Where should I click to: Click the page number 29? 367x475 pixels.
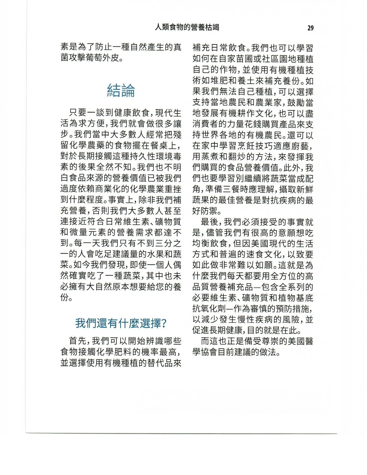(x=310, y=28)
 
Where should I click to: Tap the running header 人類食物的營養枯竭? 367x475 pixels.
(x=187, y=27)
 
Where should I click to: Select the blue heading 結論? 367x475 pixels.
(x=121, y=91)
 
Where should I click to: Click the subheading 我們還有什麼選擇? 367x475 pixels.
(x=118, y=324)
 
